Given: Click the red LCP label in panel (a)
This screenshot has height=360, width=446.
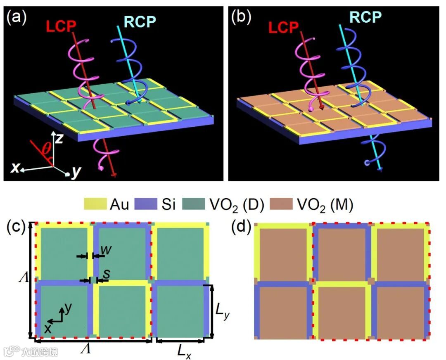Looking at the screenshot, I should (62, 26).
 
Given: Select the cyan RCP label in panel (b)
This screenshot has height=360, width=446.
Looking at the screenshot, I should (365, 17).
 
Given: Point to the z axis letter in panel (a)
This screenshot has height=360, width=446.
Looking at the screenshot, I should (59, 138).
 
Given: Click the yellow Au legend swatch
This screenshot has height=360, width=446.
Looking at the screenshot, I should (95, 204).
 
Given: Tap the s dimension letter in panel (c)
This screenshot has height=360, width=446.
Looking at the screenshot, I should (107, 272).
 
